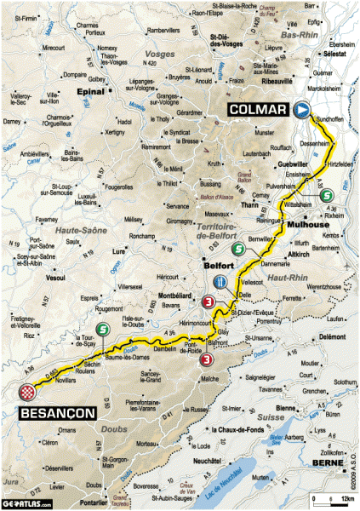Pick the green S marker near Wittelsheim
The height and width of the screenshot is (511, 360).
coord(327,198)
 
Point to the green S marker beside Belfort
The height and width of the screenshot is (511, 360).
coord(239,250)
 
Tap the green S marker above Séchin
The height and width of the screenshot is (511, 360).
coord(103,331)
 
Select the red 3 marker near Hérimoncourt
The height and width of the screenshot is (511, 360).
coord(208,301)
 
